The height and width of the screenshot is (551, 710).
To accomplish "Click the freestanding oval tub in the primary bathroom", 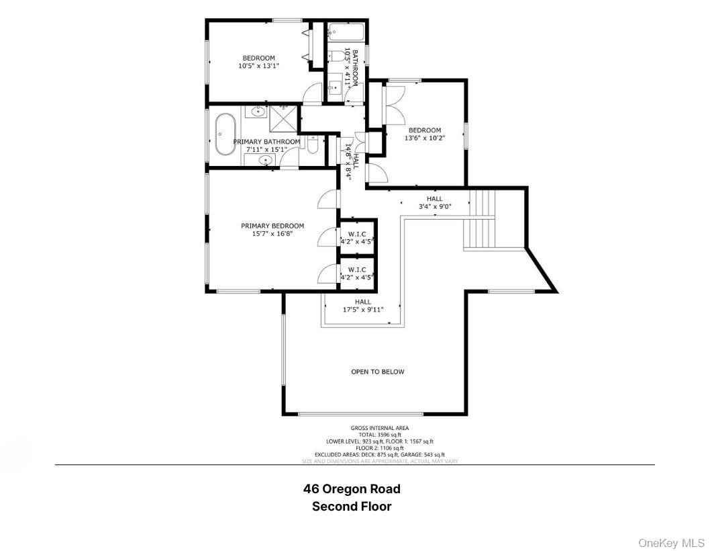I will pyautogui.click(x=225, y=134).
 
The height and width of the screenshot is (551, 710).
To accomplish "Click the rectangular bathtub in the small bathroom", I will pyautogui.click(x=346, y=32).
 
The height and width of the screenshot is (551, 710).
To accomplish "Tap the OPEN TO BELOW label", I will pyautogui.click(x=378, y=372).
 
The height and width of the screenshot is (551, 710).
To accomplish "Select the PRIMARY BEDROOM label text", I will pyautogui.click(x=272, y=226).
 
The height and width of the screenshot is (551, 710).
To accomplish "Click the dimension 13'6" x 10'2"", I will pyautogui.click(x=425, y=138).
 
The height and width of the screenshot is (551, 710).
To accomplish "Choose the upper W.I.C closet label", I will pyautogui.click(x=357, y=233).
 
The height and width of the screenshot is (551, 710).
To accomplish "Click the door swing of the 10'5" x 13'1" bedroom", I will pyautogui.click(x=313, y=95).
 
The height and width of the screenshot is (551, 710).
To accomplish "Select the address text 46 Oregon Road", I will pyautogui.click(x=352, y=489).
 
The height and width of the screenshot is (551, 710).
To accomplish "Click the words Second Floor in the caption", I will pyautogui.click(x=352, y=507).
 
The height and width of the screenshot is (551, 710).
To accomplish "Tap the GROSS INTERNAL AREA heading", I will pyautogui.click(x=379, y=428).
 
